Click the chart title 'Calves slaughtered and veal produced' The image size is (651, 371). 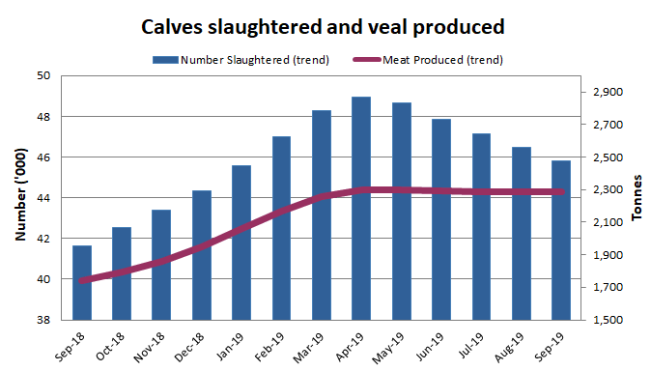pos(325,25)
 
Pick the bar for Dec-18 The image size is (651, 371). pos(202,255)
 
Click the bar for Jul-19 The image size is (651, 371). pos(481,226)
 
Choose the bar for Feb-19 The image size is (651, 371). pos(281,228)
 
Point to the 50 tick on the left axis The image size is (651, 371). pos(43,75)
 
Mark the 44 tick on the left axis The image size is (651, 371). pos(43,198)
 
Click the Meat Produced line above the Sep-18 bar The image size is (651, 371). pos(83,281)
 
